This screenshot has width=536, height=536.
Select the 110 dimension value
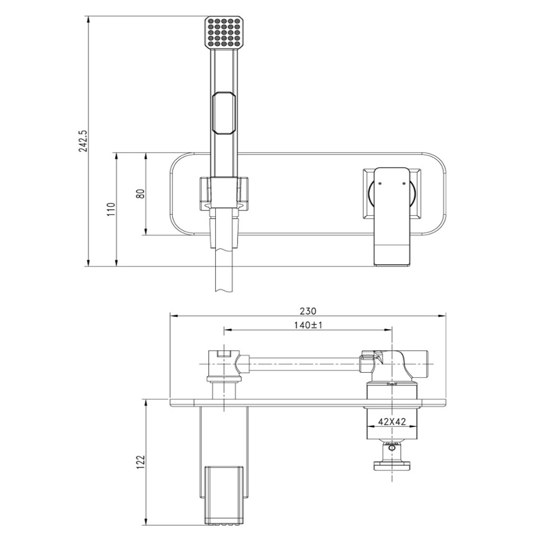(x=111, y=209)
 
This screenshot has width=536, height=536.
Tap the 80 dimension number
(x=140, y=194)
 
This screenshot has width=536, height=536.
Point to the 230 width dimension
(x=308, y=311)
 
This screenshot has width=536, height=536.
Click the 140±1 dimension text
(x=308, y=325)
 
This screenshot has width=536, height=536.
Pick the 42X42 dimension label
(x=392, y=422)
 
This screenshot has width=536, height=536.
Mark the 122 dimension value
(x=140, y=462)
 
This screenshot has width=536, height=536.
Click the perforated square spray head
(x=224, y=32)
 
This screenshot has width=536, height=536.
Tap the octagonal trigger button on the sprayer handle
(x=224, y=113)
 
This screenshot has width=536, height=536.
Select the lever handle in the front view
(x=392, y=216)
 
